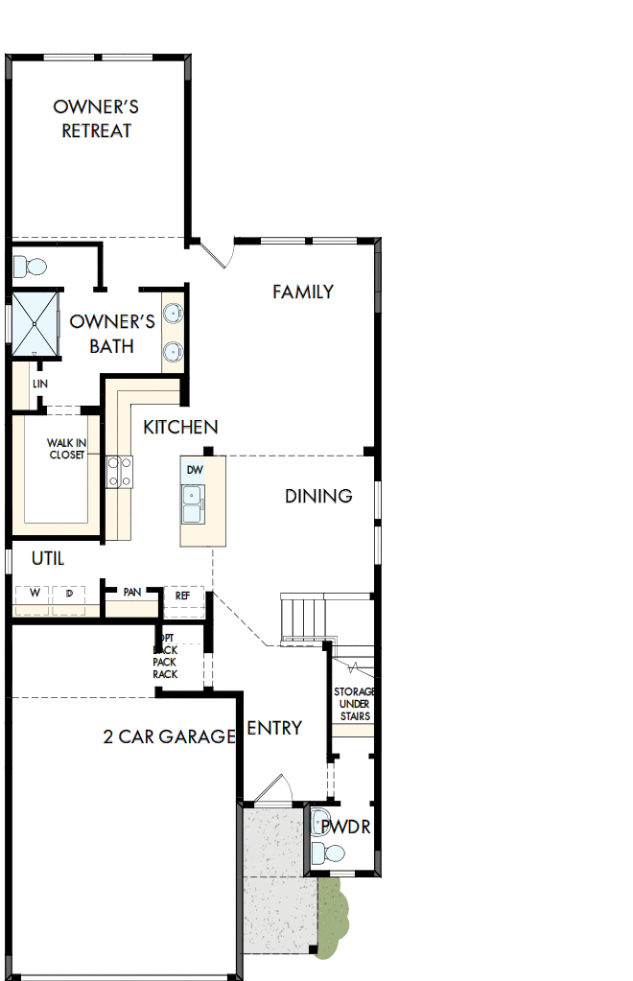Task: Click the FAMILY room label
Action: (x=302, y=292)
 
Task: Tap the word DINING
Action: (x=318, y=496)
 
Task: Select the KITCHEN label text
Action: (x=180, y=427)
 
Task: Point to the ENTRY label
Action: (x=274, y=728)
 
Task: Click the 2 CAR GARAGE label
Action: (x=169, y=736)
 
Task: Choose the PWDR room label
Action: (x=345, y=827)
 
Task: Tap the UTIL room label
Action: (x=48, y=558)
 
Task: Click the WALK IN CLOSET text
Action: (x=66, y=449)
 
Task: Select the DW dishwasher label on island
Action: (x=195, y=470)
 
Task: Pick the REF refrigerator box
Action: (x=182, y=596)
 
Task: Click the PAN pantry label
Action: (x=132, y=593)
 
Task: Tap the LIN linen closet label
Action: (x=39, y=384)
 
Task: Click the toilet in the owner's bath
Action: (x=31, y=265)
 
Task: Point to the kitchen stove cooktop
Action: (x=120, y=470)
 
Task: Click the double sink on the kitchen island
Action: (x=193, y=503)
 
